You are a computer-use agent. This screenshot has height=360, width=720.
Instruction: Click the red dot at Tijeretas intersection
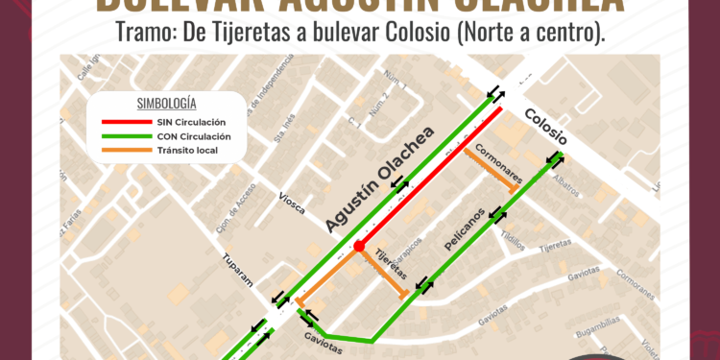(358, 247)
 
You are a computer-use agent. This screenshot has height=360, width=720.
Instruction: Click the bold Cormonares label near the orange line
(497, 164)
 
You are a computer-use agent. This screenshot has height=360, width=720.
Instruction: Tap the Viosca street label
(294, 205)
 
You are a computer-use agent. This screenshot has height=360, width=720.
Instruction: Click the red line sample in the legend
(124, 123)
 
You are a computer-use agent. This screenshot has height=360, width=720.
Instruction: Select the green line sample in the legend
(124, 136)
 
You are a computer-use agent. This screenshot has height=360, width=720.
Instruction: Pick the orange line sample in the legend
(124, 151)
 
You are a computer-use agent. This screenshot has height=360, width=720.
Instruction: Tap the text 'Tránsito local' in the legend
(187, 151)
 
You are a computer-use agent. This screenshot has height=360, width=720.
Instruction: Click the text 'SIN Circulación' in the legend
(192, 123)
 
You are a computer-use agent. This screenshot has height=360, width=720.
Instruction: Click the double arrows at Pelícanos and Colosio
(554, 159)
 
